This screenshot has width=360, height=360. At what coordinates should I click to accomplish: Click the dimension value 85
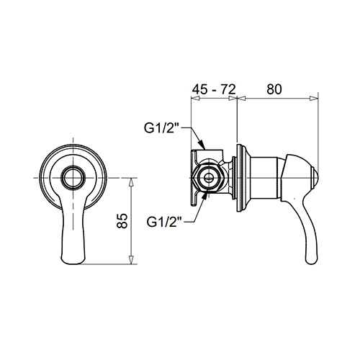pyautogui.click(x=122, y=220)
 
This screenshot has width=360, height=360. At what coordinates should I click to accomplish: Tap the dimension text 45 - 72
pyautogui.click(x=214, y=89)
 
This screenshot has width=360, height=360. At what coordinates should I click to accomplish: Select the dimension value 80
pyautogui.click(x=274, y=89)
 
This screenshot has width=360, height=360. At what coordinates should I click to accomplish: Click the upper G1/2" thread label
pyautogui.click(x=162, y=128)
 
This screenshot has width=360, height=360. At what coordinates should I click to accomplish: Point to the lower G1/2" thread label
pyautogui.click(x=165, y=222)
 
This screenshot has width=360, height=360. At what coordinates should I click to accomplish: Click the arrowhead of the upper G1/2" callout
pyautogui.click(x=202, y=145)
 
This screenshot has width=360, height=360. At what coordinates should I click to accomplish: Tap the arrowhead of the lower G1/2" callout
pyautogui.click(x=204, y=197)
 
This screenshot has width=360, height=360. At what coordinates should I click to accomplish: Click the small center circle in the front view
pyautogui.click(x=73, y=178)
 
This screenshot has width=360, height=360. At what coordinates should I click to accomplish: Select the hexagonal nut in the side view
pyautogui.click(x=208, y=178)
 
